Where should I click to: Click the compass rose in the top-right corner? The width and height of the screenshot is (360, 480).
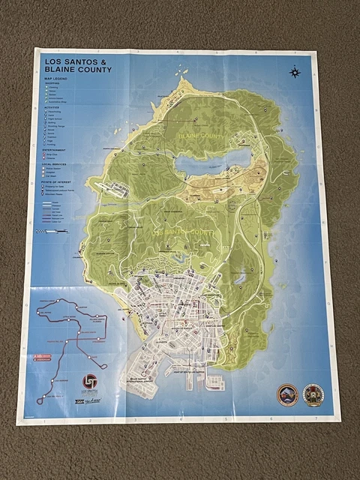295,73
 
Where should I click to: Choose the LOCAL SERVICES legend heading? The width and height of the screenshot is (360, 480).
59,163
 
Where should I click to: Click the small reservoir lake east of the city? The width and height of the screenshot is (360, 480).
239,279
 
